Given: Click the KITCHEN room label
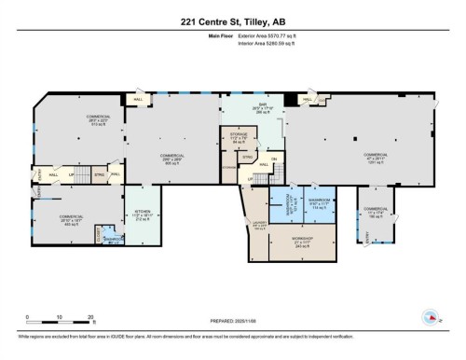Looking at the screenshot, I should pos(143,216).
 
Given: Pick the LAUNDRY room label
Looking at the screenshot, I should pos(258,224).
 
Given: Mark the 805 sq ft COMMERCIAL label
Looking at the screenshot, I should pos(169,159).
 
